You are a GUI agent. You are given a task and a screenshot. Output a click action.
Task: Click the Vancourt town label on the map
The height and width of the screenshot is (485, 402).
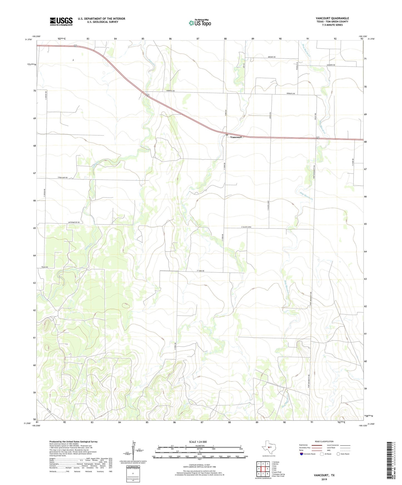236,137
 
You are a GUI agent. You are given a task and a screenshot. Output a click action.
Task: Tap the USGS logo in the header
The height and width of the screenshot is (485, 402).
61,21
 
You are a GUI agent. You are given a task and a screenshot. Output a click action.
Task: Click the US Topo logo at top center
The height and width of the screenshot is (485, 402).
200,23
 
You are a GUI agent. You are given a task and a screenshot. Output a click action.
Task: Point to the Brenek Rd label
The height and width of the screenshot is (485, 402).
272,57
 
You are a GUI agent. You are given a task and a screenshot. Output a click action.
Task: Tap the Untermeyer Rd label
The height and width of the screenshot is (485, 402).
74,222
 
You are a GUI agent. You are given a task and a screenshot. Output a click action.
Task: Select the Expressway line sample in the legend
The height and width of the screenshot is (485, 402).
317,445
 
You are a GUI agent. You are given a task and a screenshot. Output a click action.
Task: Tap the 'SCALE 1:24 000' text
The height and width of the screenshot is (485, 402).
198,442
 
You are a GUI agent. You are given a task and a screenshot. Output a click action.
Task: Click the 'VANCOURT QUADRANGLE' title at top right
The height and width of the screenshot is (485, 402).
332,18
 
